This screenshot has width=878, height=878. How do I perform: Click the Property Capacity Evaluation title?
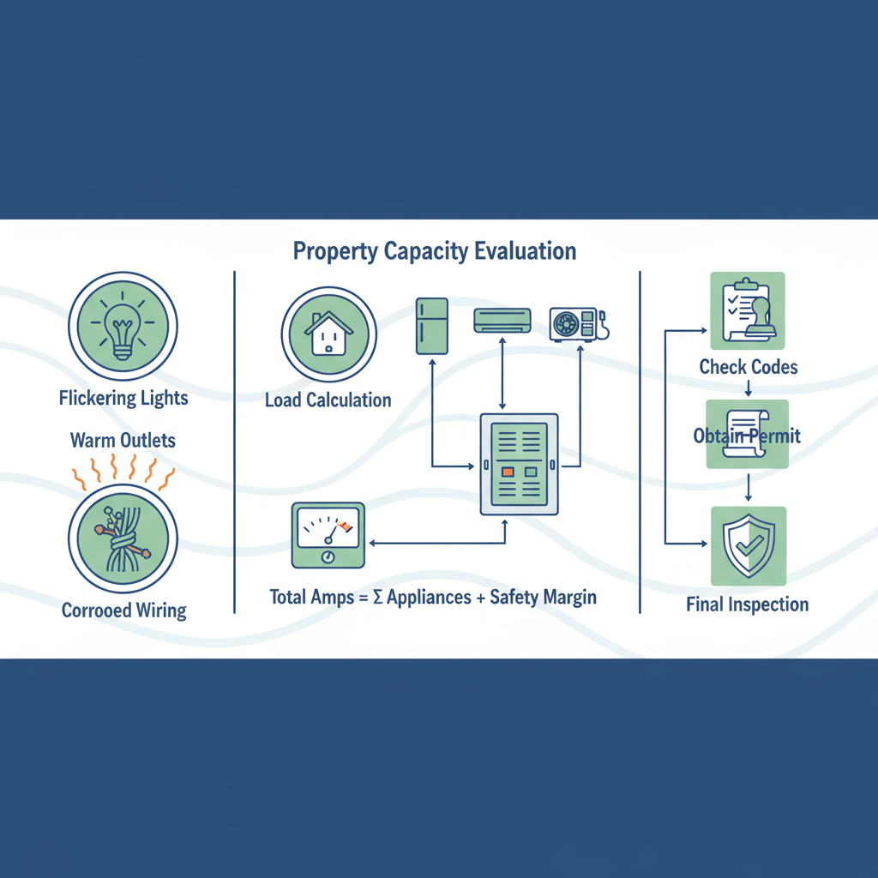434,251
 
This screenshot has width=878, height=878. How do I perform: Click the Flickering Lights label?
123,398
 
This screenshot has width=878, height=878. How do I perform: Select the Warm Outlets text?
123,441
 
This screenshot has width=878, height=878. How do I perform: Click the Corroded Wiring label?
123,610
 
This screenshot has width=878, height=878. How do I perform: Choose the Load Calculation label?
328,400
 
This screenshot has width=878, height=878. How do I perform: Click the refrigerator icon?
432,326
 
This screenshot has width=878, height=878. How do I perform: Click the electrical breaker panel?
519,464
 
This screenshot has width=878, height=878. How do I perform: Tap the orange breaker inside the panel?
508,472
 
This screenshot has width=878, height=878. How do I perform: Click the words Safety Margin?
542,597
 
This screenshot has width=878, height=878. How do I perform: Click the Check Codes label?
748,367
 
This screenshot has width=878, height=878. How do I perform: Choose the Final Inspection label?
747,604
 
